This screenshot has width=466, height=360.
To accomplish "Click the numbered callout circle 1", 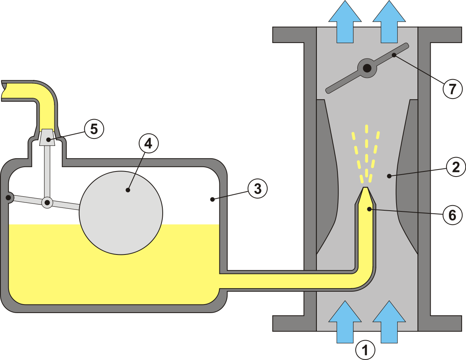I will (365, 350).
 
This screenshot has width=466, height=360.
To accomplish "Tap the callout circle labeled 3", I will (258, 189).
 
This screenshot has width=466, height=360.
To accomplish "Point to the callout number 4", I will (149, 144).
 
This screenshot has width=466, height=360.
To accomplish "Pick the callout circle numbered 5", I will (94, 129).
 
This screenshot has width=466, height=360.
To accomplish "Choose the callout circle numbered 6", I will (452, 215).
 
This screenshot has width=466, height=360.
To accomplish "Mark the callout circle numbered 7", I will (452, 89).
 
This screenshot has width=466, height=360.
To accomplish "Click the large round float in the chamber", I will (121, 213).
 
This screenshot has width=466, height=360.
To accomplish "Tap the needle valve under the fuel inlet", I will (47, 138).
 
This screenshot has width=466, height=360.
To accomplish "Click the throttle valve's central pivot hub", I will (367, 69).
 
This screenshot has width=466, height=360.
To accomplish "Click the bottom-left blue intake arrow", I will (345, 322).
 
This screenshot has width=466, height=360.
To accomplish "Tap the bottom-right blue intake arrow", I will (389, 322).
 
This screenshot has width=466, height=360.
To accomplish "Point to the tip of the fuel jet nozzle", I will (365, 189).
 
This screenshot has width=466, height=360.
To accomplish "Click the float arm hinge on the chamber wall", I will (7, 198).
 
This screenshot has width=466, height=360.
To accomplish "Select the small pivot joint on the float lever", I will (47, 202).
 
